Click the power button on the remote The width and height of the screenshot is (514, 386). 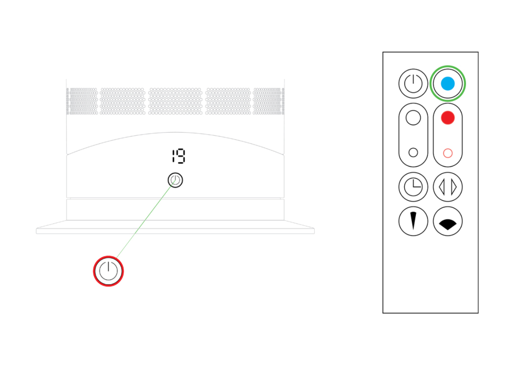(413, 84)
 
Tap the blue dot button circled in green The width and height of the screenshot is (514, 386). (448, 84)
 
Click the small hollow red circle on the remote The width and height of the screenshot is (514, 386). (448, 153)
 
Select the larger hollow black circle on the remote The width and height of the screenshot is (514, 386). (413, 117)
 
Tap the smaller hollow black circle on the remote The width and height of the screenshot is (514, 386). (413, 152)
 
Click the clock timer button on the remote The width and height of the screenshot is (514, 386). (413, 187)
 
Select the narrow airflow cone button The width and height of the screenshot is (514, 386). (413, 221)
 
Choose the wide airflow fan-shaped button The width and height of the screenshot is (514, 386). (448, 221)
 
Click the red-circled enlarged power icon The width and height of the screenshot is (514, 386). (108, 271)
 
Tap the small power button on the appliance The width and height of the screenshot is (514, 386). (175, 180)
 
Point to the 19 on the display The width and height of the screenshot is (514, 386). (178, 156)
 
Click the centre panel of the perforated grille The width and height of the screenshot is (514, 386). (175, 101)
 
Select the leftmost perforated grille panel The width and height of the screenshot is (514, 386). (82, 101)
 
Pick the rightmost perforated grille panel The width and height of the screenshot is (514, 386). (269, 101)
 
